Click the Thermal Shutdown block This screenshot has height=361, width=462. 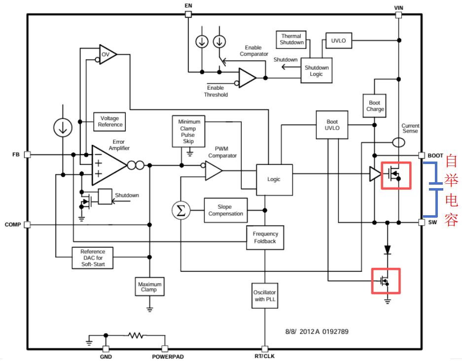pos(291,39)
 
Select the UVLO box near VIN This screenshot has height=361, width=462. pos(339,40)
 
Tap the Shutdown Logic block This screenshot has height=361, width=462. pos(317,70)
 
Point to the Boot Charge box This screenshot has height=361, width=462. pos(375,106)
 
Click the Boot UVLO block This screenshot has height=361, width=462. pos(332,125)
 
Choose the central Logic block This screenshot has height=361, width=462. pos(274,180)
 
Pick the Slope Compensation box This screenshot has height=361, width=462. pos(226,210)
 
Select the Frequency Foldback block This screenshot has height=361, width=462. pos(265,237)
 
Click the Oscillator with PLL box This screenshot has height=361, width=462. pos(265,295)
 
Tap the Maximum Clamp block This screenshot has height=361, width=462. pos(150,287)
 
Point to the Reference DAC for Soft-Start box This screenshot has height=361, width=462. pos(93,258)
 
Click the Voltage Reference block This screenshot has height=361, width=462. pos(109,122)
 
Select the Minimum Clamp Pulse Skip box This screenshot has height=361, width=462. pos(188,131)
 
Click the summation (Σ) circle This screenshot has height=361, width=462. pos(181,210)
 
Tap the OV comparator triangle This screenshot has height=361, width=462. pos(108,55)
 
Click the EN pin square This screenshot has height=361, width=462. pos(188,14)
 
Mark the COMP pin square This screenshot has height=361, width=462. pos(27,225)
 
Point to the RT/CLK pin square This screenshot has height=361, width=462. pos(265,349)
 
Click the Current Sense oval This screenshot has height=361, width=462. pos(399,143)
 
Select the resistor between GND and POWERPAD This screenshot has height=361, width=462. pos(136,335)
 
